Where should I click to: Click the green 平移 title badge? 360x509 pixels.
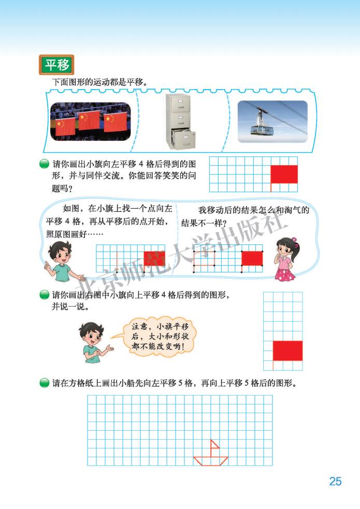coord(56,65)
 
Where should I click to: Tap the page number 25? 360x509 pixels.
coord(335,481)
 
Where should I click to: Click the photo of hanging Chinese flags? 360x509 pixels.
coord(91,122)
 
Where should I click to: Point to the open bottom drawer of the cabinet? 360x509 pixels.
coord(184,139)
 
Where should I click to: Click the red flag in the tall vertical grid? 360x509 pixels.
coord(287,351)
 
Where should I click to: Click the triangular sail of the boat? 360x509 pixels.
coord(213,448)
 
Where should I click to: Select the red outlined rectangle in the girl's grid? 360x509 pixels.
coord(204,257)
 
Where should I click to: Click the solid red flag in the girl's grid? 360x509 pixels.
coord(252,258)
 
